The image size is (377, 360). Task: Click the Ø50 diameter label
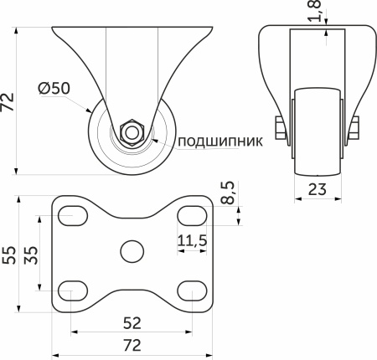(54, 88)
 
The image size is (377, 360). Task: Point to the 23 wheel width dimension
(317, 189)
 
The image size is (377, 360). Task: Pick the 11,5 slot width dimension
(193, 242)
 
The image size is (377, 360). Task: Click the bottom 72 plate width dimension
(131, 344)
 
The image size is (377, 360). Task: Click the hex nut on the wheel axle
(131, 131)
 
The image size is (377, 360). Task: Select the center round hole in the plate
(131, 250)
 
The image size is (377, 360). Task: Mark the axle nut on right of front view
(354, 129)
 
